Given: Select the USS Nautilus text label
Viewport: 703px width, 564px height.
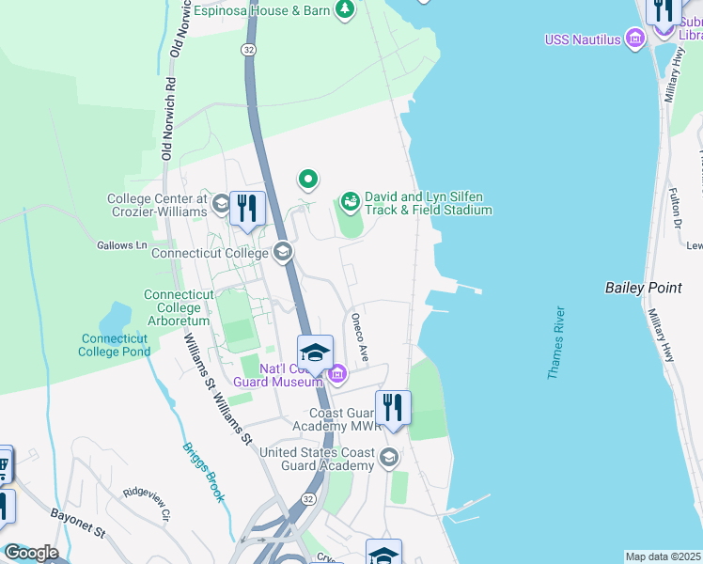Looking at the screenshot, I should [583, 39].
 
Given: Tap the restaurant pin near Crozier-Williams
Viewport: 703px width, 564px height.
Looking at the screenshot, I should [247, 208].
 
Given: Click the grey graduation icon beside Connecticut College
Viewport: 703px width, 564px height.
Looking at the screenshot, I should [282, 251].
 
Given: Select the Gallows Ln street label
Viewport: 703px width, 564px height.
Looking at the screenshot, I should [122, 245].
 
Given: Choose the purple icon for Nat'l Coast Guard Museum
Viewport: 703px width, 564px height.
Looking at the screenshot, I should [337, 375].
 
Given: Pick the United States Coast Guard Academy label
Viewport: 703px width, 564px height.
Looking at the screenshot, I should [318, 459].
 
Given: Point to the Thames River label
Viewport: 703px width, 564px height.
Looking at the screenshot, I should [556, 343].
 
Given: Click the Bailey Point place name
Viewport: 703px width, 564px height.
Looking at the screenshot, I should [643, 288].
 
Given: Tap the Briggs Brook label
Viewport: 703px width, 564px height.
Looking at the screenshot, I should [203, 472].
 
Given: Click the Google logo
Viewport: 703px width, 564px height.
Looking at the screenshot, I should [30, 553].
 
